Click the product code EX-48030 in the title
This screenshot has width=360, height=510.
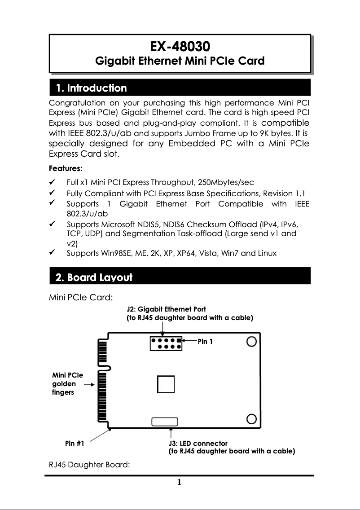tap(180, 46)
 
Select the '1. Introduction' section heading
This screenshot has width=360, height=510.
tap(91, 88)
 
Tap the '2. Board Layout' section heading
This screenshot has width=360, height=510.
tap(93, 277)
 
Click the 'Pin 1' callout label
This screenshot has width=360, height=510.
tap(205, 342)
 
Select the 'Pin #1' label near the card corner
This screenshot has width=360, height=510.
tap(75, 444)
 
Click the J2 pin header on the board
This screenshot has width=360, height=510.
tap(166, 344)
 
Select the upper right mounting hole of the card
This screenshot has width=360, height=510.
tap(252, 342)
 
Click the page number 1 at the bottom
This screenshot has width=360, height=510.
tap(179, 483)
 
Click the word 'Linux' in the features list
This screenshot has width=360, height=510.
tap(267, 253)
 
